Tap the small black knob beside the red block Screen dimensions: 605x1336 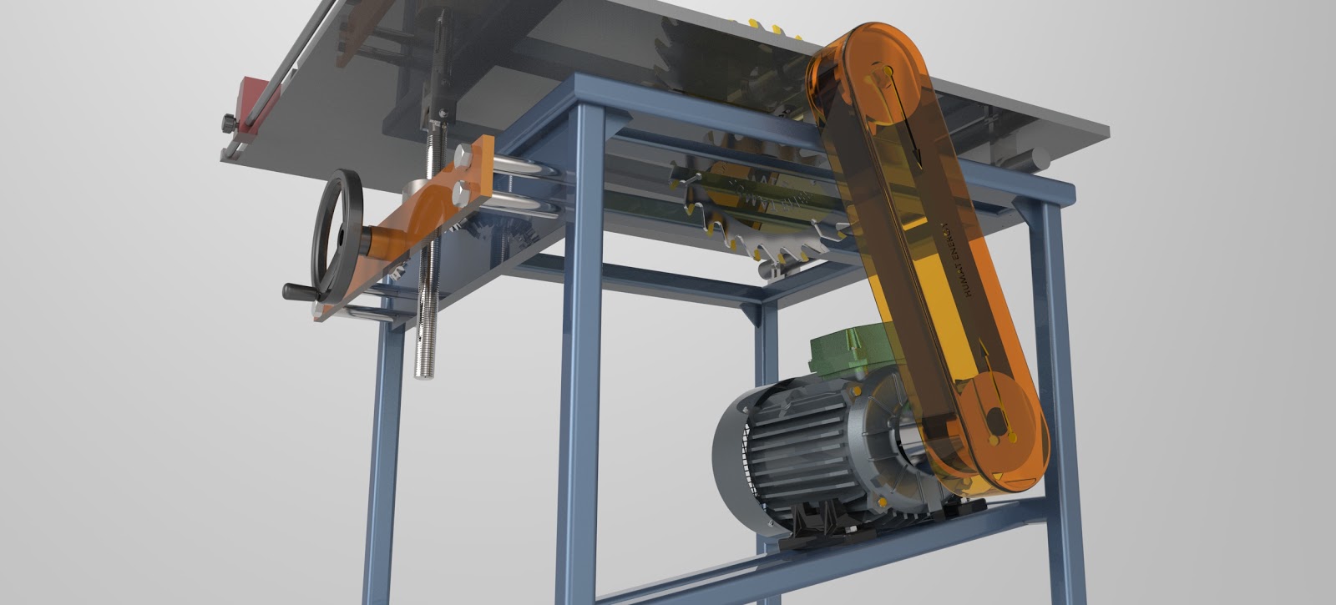click(227, 123)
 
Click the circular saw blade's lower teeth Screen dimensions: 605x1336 click(777, 248)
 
